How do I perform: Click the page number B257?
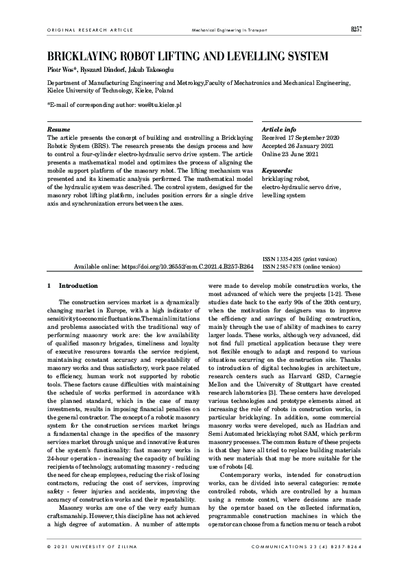[356, 29]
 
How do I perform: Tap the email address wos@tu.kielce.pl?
[159, 106]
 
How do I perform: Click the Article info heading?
[279, 129]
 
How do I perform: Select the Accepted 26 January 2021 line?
[297, 145]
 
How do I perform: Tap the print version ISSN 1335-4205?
[300, 259]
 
